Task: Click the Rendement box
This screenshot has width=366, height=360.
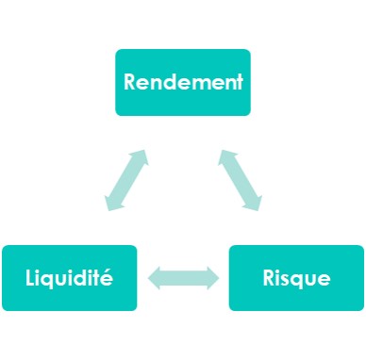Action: pyautogui.click(x=183, y=82)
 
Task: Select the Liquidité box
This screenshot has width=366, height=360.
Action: pyautogui.click(x=70, y=278)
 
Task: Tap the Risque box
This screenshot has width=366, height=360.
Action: pyautogui.click(x=296, y=278)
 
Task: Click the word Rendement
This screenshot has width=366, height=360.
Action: pyautogui.click(x=183, y=81)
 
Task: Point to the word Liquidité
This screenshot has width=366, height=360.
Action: pyautogui.click(x=70, y=279)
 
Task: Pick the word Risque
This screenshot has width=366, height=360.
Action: pyautogui.click(x=296, y=279)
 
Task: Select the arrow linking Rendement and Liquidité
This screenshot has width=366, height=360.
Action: pyautogui.click(x=126, y=179)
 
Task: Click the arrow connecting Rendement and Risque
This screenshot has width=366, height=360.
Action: pyautogui.click(x=240, y=179)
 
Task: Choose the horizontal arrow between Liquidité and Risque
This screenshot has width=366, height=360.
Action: pyautogui.click(x=183, y=278)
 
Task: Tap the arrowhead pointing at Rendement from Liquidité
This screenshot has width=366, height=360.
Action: pyautogui.click(x=139, y=157)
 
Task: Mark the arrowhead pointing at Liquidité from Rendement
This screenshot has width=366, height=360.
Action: pyautogui.click(x=114, y=201)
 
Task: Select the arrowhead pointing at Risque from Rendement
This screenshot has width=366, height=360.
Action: pyautogui.click(x=252, y=201)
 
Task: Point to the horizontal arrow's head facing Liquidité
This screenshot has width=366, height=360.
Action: pyautogui.click(x=155, y=278)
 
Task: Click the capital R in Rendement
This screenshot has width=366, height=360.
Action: pyautogui.click(x=130, y=81)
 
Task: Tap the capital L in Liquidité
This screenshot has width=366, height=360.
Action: pyautogui.click(x=31, y=279)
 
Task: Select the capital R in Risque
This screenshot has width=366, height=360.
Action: pyautogui.click(x=268, y=279)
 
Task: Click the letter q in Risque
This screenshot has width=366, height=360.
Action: pyautogui.click(x=300, y=281)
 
